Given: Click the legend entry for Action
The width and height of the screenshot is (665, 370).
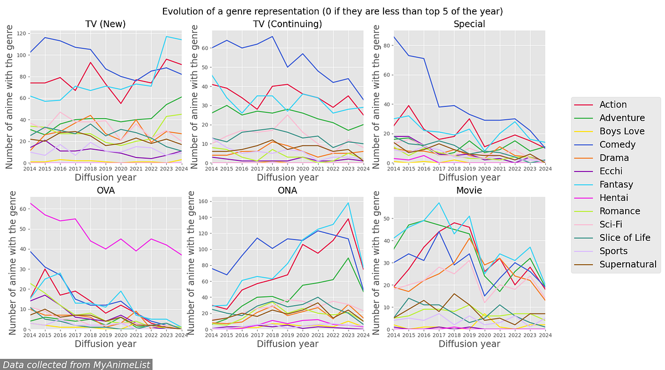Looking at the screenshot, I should point(613,105).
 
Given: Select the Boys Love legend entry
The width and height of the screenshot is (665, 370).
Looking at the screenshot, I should point(622,131).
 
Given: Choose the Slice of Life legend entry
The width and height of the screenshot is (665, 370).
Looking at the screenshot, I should point(625,238).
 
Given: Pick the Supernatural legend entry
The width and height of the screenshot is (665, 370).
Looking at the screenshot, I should point(628,265).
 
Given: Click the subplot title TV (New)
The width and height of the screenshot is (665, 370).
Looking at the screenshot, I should point(105,24).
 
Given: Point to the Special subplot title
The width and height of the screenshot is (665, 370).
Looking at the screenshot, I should point(469,24).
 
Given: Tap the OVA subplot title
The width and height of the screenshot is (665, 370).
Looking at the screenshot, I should point(105,190).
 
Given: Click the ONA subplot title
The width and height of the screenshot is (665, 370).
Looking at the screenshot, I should point(287,190).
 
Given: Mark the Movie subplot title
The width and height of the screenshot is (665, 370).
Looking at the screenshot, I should point(469,190).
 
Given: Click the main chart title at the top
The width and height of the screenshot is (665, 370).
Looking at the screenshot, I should point(332,11).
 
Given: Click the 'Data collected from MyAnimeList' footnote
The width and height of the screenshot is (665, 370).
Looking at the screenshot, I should point(76,364).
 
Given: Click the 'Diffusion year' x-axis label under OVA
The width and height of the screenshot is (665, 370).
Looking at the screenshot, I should point(105,344).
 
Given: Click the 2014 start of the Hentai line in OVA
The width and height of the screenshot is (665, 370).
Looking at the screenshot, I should point(30,203).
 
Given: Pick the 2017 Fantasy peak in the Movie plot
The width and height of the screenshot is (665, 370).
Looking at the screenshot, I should point(439,202).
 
